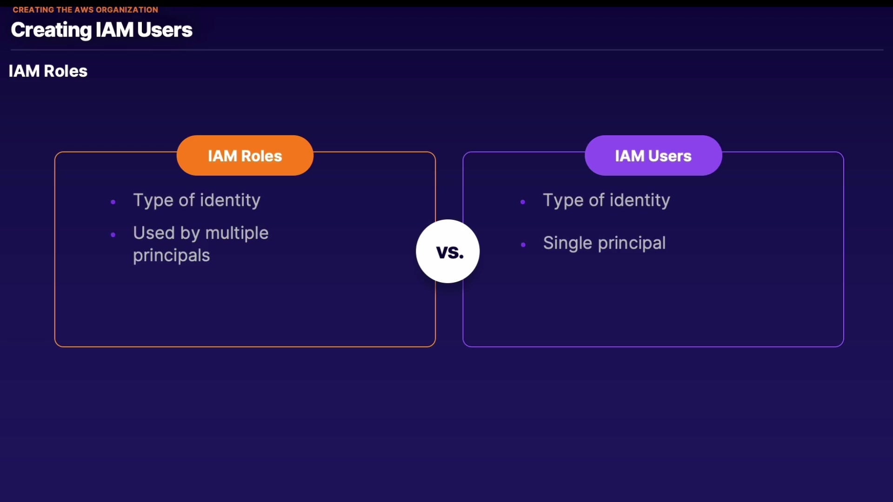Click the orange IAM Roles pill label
point(245,155)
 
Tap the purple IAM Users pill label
point(653,155)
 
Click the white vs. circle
point(448,251)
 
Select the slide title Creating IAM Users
point(101,30)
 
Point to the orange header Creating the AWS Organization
point(86,10)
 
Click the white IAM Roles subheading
point(48,71)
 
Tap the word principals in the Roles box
point(171,256)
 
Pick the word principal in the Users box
point(632,243)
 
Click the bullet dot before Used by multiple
point(113,235)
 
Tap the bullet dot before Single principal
point(523,244)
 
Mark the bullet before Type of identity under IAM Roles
point(113,202)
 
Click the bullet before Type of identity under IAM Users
point(523,202)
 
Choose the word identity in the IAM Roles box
point(230,200)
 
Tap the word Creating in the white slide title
point(51,30)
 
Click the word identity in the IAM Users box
point(640,200)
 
